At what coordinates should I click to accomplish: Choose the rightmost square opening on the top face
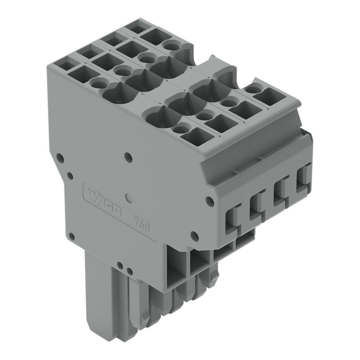coord(265,95)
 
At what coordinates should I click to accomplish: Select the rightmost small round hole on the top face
coord(251,90)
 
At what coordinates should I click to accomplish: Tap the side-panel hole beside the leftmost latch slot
coord(208,199)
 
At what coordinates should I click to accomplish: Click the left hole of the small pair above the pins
coord(120,265)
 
